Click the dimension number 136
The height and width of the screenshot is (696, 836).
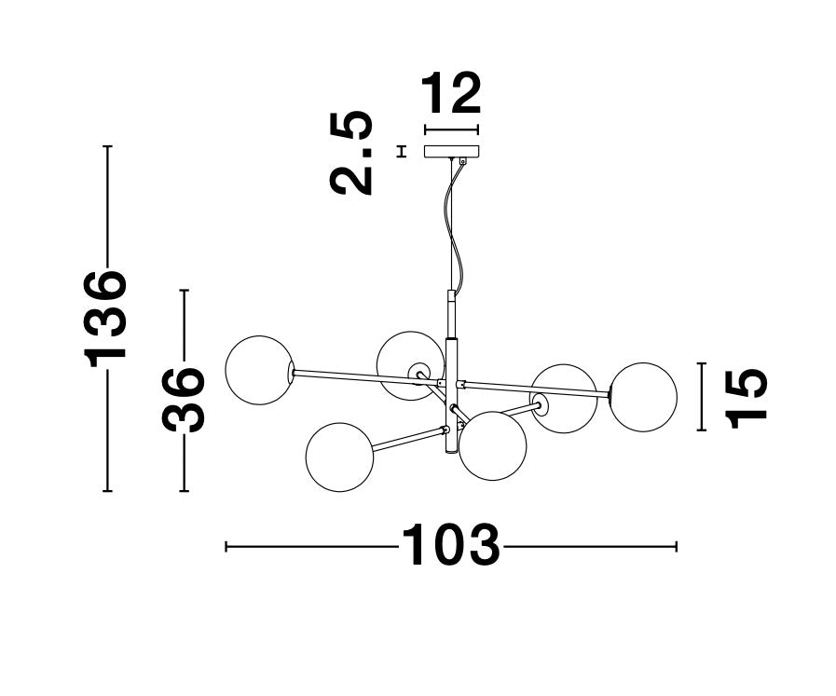105,319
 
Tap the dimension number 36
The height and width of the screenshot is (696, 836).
184,398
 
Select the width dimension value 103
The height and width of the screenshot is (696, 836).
450,545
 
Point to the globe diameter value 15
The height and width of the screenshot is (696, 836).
746,398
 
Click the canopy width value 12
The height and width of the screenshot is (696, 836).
451,93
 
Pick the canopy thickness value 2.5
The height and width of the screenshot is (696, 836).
350,153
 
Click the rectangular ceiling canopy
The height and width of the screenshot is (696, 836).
452,152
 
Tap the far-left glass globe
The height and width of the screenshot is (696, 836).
259,370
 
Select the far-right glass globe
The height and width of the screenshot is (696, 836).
643,397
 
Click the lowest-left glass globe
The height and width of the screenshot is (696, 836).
340,457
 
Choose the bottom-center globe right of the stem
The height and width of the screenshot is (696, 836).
493,445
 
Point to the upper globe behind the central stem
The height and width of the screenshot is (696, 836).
410,365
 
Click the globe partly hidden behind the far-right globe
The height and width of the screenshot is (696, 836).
564,399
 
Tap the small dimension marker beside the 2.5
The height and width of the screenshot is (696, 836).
402,151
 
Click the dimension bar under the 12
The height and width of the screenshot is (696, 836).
451,130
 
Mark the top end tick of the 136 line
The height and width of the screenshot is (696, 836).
108,145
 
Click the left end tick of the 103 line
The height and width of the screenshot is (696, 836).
226,546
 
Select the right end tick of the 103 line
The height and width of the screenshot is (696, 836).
676,546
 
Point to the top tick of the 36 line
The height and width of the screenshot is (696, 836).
184,291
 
